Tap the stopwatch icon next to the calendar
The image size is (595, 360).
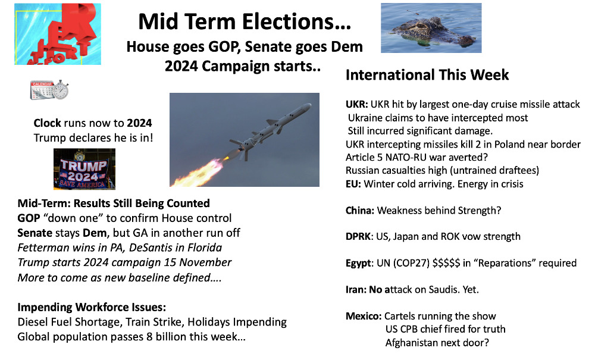(60, 90)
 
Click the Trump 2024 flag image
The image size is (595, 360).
(84, 169)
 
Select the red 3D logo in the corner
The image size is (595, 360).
(58, 34)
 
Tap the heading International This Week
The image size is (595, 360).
(427, 75)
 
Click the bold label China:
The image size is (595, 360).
(360, 211)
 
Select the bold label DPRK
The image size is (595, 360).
(358, 236)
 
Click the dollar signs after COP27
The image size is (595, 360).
(446, 263)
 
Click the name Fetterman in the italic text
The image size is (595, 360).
(42, 248)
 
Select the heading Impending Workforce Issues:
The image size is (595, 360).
(92, 307)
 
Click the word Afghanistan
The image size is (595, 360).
(411, 343)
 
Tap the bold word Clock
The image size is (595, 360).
(47, 123)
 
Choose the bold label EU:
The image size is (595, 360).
(353, 184)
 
